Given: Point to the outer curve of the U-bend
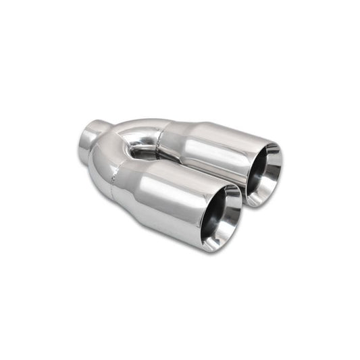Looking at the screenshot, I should (101, 162).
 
